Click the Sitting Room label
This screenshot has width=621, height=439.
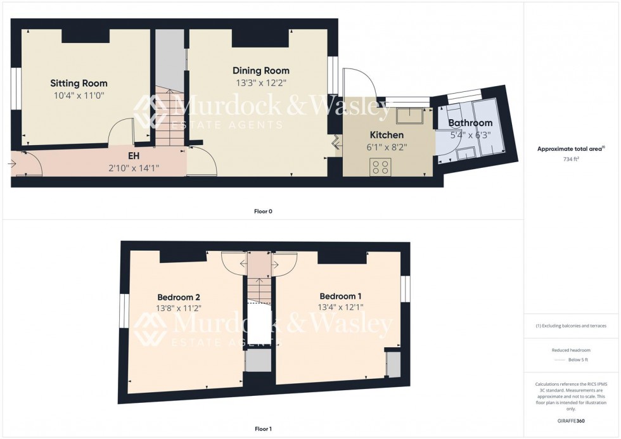79,83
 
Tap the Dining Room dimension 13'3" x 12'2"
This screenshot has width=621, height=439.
260,82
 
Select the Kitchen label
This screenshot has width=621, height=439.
387,135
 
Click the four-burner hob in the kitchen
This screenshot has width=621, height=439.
381,167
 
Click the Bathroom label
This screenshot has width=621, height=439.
470,123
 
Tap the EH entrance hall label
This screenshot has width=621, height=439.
134,155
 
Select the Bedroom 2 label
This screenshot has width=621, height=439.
179,296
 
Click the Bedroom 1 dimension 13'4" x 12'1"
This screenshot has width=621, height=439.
341,308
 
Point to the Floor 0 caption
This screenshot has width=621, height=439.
262,212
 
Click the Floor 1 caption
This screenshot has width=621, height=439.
262,429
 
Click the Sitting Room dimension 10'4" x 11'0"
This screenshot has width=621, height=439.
79,96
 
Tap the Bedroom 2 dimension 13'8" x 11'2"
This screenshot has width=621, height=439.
179,309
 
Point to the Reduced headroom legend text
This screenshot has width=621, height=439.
572,350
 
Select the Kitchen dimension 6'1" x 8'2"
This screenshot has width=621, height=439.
387,147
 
